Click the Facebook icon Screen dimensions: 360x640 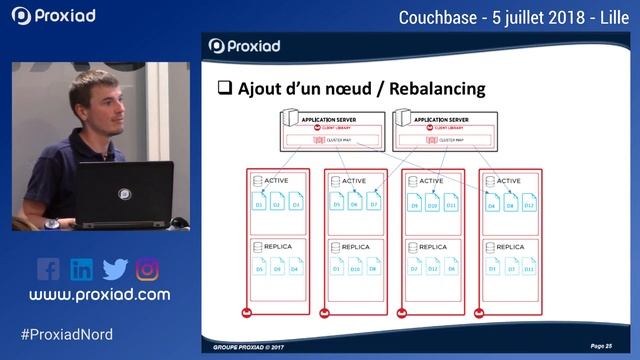point(48,269)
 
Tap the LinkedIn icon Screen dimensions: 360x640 point(81,269)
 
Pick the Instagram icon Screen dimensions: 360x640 point(148,269)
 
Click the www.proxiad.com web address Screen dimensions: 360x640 point(99,295)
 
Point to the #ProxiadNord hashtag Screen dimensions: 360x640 point(66,334)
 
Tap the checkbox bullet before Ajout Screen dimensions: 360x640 point(225,89)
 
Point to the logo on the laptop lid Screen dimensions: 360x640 point(125,193)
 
